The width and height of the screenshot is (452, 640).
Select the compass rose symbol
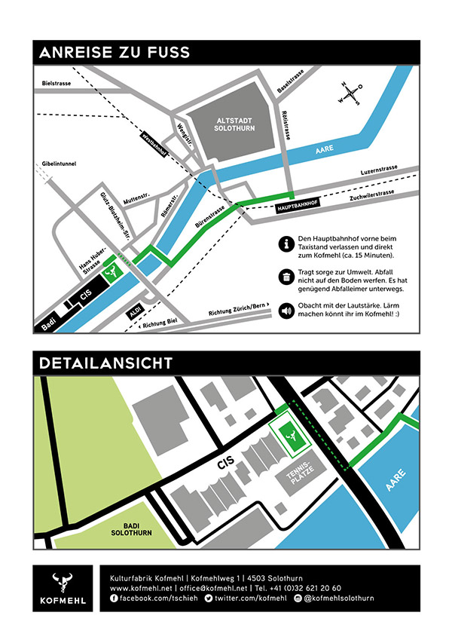coord(350,93)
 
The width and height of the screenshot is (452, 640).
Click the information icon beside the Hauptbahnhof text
coord(286,243)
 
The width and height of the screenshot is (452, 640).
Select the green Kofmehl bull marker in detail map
coord(289,436)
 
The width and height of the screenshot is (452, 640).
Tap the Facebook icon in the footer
coord(115,598)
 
